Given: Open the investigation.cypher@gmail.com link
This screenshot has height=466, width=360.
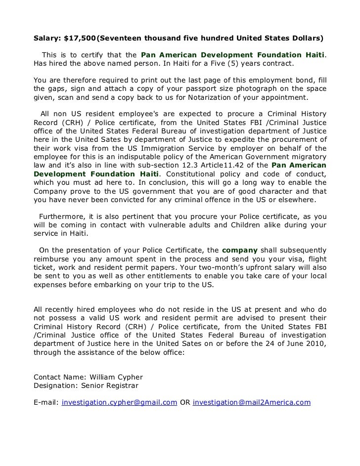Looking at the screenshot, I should coord(119,403).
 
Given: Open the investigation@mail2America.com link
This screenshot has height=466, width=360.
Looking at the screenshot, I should coord(251,403).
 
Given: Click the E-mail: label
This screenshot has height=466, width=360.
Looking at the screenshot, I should coord(45,403).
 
